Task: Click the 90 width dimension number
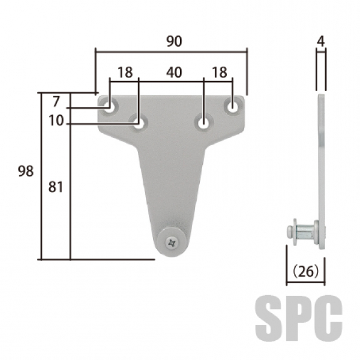174,41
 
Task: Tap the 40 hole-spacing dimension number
174,73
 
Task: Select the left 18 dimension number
125,73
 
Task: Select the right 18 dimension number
220,73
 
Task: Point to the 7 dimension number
56,101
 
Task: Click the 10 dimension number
56,121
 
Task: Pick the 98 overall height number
26,171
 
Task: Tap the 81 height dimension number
56,187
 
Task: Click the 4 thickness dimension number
321,41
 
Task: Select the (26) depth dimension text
306,271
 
